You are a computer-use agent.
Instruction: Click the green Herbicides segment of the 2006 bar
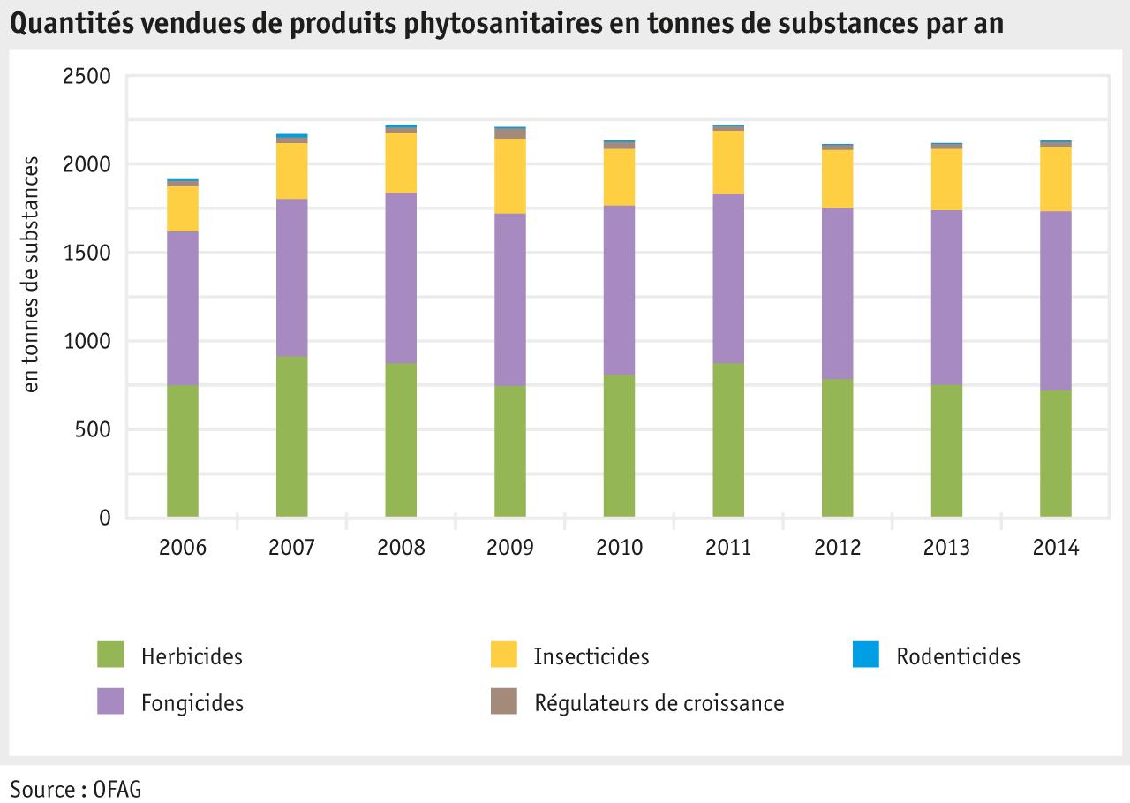183,451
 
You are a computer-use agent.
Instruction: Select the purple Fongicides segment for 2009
510,299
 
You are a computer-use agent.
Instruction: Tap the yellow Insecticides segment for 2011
728,163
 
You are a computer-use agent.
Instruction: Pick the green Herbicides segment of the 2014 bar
1056,453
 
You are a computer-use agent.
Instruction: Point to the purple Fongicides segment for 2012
838,293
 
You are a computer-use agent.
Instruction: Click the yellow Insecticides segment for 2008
401,163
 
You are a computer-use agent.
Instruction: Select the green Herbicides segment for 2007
292,436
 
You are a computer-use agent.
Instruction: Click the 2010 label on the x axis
620,548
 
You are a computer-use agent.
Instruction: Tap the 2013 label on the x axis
946,548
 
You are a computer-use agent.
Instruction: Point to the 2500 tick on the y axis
87,77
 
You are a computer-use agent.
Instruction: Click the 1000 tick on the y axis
87,342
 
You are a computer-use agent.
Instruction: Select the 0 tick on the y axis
105,519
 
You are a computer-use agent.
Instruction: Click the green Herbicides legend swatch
110,655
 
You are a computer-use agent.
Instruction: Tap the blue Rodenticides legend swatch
866,655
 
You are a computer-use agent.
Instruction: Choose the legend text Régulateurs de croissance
659,703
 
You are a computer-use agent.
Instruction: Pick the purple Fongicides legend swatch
110,702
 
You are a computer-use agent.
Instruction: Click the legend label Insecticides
591,656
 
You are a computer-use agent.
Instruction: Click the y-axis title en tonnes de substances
31,274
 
